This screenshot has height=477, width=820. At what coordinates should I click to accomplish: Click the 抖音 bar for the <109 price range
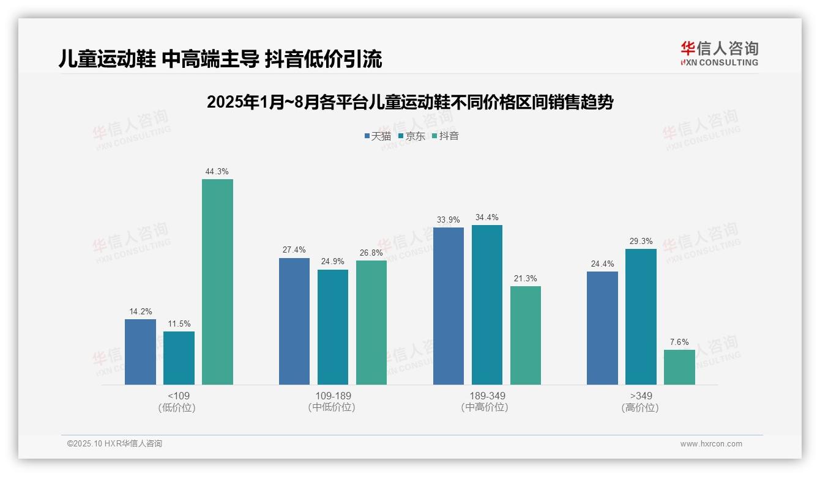(217, 282)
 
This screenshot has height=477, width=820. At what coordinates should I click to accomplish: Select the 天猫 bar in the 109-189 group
(294, 321)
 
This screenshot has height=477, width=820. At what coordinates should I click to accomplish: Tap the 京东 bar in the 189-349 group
(486, 305)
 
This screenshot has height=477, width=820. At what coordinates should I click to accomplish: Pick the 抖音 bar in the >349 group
(679, 367)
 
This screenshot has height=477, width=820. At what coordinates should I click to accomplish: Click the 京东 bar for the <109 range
(179, 358)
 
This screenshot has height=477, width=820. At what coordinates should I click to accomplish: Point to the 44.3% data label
(217, 172)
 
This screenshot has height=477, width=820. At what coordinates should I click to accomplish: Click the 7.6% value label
(679, 342)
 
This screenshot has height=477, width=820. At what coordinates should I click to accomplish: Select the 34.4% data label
(486, 218)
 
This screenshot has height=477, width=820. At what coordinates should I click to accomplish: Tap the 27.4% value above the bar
(294, 250)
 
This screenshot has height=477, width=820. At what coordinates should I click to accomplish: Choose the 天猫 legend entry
(378, 136)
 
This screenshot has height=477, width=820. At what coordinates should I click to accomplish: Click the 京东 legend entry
(411, 136)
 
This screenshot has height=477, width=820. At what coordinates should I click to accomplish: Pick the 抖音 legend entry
(445, 136)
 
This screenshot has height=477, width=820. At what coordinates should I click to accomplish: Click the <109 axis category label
(179, 396)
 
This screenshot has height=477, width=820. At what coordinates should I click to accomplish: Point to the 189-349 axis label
(486, 396)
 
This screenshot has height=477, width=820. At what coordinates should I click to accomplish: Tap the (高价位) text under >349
(640, 408)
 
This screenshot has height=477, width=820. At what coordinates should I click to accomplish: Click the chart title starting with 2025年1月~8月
(410, 102)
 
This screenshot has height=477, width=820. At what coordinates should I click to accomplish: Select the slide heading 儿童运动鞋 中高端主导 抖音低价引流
(220, 59)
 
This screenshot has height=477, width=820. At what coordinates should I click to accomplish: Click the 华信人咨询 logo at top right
(719, 53)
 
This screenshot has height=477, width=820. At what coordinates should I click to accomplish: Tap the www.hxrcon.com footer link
(711, 444)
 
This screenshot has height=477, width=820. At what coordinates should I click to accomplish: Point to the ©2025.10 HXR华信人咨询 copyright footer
(114, 444)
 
